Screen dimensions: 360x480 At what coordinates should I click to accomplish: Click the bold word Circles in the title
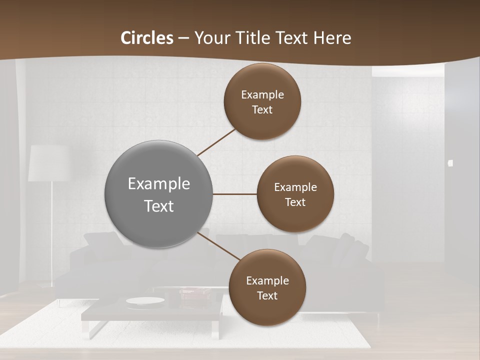pyautogui.click(x=147, y=38)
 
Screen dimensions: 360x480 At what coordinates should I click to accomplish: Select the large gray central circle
pyautogui.click(x=158, y=194)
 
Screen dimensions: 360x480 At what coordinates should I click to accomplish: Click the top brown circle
pyautogui.click(x=262, y=101)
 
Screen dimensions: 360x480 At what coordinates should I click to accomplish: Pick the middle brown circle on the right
pyautogui.click(x=295, y=194)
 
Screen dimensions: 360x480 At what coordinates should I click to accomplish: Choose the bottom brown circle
pyautogui.click(x=267, y=287)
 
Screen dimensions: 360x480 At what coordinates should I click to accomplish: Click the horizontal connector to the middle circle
pyautogui.click(x=235, y=194)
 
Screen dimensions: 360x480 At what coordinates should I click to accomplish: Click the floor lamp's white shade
pyautogui.click(x=48, y=163)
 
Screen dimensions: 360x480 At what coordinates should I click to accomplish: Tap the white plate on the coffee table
pyautogui.click(x=145, y=300)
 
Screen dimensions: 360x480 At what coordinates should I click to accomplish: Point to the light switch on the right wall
pyautogui.click(x=450, y=163)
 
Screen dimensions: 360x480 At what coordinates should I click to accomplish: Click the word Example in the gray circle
pyautogui.click(x=158, y=183)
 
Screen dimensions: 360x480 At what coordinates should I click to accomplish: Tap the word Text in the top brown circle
pyautogui.click(x=262, y=109)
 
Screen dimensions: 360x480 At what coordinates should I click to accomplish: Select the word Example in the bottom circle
pyautogui.click(x=267, y=280)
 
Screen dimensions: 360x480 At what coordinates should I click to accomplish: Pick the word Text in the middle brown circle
pyautogui.click(x=295, y=202)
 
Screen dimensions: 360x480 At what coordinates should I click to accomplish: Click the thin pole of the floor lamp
pyautogui.click(x=51, y=230)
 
